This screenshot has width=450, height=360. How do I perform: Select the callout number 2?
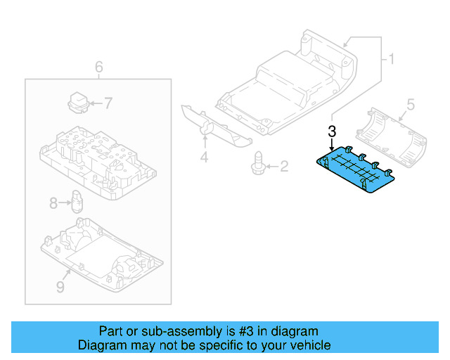pyautogui.click(x=284, y=167)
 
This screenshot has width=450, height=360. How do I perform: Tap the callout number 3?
pyautogui.click(x=332, y=131)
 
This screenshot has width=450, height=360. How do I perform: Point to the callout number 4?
pyautogui.click(x=204, y=157)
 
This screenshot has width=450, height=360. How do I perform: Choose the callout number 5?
pyautogui.click(x=411, y=104)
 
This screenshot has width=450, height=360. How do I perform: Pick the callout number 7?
pyautogui.click(x=108, y=103)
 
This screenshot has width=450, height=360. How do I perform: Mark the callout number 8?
pyautogui.click(x=53, y=204)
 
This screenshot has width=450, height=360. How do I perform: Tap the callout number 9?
pyautogui.click(x=60, y=287)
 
